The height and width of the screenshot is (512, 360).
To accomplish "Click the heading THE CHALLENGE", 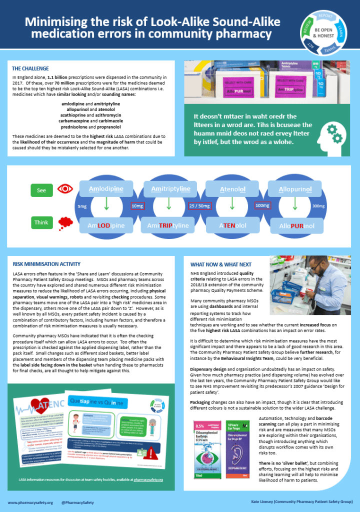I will [x=30, y=68].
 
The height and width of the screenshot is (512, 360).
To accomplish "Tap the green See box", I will [x=41, y=190].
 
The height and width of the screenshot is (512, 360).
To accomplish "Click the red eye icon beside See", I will [x=64, y=189].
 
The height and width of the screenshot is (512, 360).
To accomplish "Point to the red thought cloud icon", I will [x=65, y=222].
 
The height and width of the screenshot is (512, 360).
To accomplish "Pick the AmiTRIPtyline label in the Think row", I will [x=168, y=225].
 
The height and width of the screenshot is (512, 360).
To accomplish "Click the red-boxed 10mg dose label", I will [x=137, y=205].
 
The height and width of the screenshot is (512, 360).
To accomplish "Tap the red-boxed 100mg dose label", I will [x=262, y=205].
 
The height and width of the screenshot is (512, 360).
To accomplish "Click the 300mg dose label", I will [x=319, y=206].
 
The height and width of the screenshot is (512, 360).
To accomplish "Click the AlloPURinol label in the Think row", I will [x=294, y=225].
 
